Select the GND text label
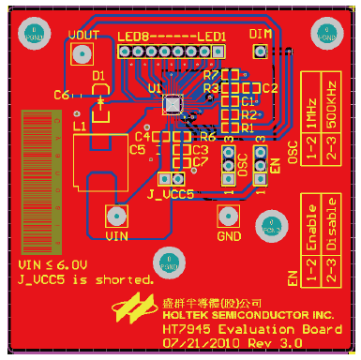click(229, 235)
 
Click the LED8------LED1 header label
click(172, 36)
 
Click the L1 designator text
click(79, 124)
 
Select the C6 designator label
click(62, 95)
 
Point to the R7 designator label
click(210, 74)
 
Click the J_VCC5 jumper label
click(171, 194)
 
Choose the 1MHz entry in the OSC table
click(310, 97)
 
